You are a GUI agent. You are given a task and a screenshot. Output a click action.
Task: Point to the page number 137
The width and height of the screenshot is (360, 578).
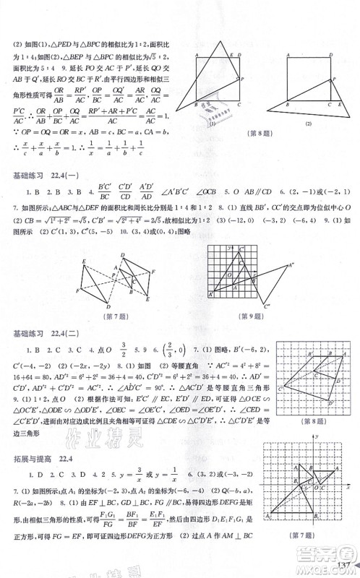pyautogui.click(x=341, y=565)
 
